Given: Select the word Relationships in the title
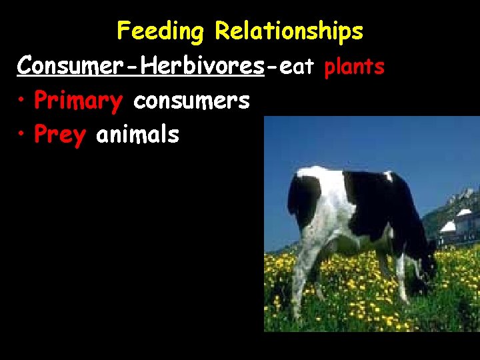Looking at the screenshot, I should [x=289, y=31].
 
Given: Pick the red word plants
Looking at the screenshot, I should [x=354, y=67].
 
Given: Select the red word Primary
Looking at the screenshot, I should [x=78, y=101].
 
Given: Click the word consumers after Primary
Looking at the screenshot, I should [x=191, y=101].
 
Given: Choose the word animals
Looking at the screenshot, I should [x=137, y=135].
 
